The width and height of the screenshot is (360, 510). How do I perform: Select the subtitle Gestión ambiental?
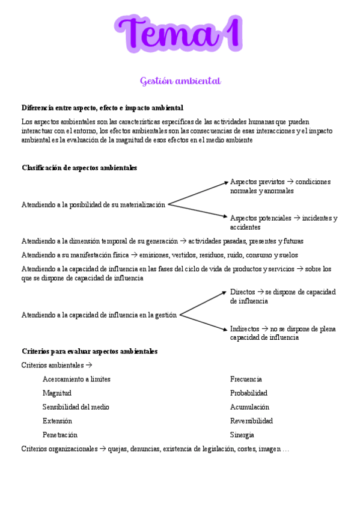click(x=180, y=81)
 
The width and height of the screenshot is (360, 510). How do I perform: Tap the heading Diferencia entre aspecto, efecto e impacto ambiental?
click(x=102, y=108)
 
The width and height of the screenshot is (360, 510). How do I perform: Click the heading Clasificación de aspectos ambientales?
click(x=79, y=168)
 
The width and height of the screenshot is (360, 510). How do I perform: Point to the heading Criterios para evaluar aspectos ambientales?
click(x=90, y=351)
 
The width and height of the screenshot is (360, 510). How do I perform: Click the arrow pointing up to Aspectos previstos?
click(x=198, y=192)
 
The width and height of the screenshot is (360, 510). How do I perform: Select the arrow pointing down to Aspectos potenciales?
click(x=198, y=210)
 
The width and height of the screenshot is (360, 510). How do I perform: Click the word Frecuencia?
click(x=246, y=379)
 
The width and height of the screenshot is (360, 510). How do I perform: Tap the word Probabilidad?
click(x=249, y=393)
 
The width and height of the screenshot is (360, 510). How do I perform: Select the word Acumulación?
click(x=250, y=407)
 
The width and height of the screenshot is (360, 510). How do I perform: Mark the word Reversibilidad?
click(x=251, y=421)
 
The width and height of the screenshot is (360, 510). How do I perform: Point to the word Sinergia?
click(x=242, y=435)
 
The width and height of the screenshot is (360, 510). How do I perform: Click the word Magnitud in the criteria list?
click(x=57, y=393)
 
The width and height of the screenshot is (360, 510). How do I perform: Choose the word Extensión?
click(x=57, y=421)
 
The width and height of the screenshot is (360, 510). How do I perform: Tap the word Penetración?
click(x=60, y=435)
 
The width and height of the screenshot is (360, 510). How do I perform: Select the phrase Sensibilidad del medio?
click(x=76, y=407)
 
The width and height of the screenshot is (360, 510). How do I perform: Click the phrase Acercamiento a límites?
click(x=76, y=379)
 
